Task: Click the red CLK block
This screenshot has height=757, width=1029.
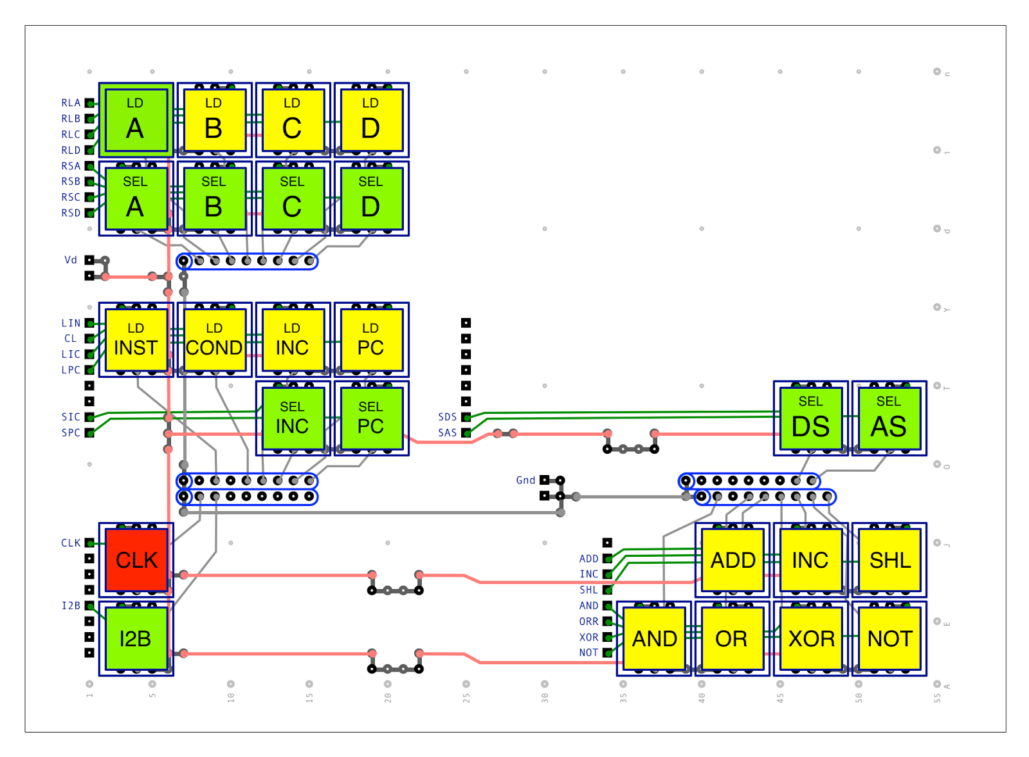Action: (x=136, y=561)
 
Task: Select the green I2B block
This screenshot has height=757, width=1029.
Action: (x=136, y=639)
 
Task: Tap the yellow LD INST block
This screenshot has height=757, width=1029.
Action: (x=136, y=341)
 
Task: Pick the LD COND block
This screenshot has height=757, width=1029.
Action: (x=215, y=341)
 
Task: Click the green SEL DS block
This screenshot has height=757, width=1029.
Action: (x=811, y=419)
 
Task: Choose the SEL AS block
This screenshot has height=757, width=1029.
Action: (x=890, y=419)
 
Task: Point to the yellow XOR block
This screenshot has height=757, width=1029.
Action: (x=811, y=639)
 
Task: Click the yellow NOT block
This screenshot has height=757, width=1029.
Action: (x=890, y=639)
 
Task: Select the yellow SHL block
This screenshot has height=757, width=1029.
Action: (x=890, y=561)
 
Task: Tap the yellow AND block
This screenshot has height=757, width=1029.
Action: (x=655, y=639)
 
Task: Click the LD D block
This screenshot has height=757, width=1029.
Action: (x=372, y=120)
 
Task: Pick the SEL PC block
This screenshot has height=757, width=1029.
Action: (x=372, y=419)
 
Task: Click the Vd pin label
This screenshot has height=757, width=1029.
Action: (x=71, y=260)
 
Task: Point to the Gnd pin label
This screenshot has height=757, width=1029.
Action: (x=526, y=481)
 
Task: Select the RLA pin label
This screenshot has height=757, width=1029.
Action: (x=71, y=103)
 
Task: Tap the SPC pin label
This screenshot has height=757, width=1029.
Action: (x=71, y=433)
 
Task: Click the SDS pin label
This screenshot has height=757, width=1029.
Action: (x=448, y=418)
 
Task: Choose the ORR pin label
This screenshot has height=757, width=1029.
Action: (x=589, y=622)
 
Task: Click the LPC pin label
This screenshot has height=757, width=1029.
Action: (x=71, y=370)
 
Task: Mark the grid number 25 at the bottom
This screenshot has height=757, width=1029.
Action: (x=467, y=698)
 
